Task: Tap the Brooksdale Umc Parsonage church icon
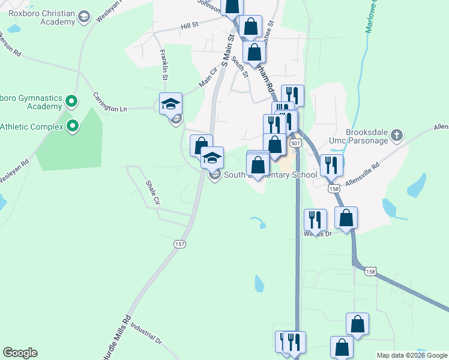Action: click(x=396, y=136)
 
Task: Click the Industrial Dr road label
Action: click(x=146, y=335)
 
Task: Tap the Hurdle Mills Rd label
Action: click(x=119, y=331)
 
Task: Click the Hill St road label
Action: click(x=190, y=26)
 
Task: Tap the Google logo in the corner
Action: click(x=20, y=353)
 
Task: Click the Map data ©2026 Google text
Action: click(x=412, y=355)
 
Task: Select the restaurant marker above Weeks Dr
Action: click(x=315, y=220)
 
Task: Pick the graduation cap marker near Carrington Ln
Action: click(x=171, y=103)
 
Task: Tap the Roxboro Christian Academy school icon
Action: click(x=83, y=16)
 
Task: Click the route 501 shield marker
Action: click(x=295, y=144)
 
